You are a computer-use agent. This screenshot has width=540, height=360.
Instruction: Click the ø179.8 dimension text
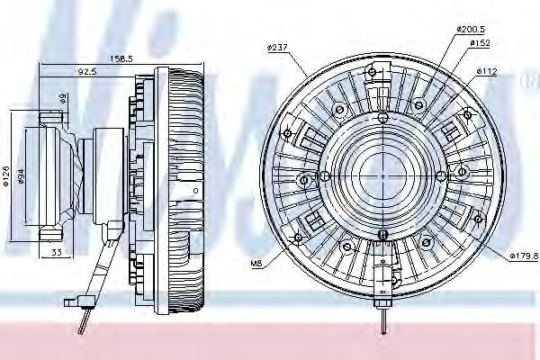pos(523,256)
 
